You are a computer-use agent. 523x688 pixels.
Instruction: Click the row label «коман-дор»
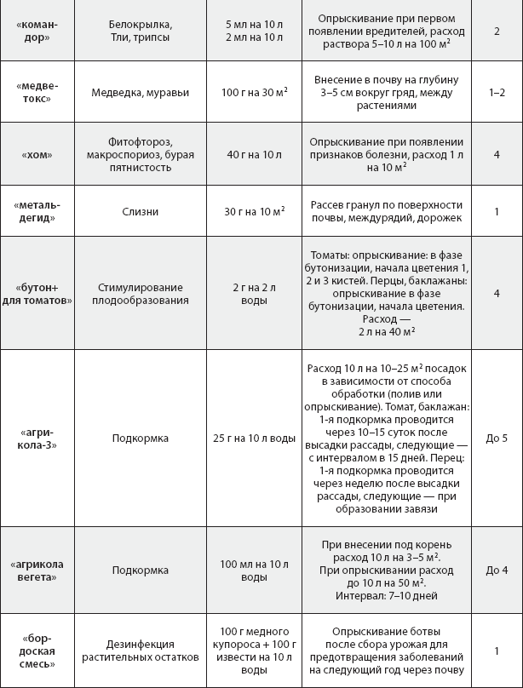37,32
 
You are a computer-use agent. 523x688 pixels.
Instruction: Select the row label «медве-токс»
37,92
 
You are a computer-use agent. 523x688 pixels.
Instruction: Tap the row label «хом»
37,155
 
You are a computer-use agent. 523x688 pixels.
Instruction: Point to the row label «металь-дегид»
37,211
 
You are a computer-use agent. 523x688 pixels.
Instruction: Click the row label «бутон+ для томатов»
37,292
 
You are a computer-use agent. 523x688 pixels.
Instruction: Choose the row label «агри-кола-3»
37,439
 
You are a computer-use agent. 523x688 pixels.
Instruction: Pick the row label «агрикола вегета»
37,571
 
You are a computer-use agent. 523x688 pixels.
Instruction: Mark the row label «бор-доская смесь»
37,651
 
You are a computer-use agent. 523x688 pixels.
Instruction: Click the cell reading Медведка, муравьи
141,92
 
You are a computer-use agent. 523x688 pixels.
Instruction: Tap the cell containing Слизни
141,211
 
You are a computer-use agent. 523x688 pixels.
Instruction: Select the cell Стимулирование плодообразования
141,292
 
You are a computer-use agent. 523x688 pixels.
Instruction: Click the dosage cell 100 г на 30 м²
253,92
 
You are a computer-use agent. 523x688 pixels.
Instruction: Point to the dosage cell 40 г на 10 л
253,155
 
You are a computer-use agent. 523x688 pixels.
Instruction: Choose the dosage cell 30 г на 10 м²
253,211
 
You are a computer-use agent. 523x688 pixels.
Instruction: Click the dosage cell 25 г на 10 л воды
253,439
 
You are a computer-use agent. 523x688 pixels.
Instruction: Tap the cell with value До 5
497,439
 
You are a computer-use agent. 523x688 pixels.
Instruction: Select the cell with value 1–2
497,92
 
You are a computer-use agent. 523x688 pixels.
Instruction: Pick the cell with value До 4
497,571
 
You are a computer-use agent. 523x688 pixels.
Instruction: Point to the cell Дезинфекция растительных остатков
141,651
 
